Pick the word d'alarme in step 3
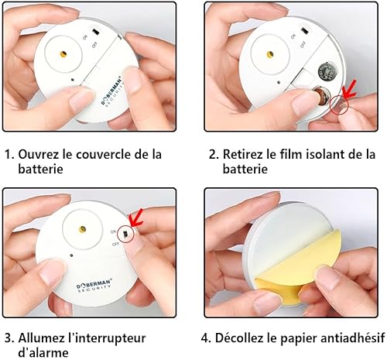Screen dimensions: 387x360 coord(43,352)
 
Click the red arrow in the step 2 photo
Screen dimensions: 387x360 coord(349,89)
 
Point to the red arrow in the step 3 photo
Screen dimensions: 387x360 coord(136,218)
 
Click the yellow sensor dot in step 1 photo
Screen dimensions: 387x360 coord(63,54)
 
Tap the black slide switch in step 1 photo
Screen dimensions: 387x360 coord(96,32)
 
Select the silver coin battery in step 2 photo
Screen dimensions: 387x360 coord(326,72)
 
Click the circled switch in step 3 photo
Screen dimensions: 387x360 coord(125,234)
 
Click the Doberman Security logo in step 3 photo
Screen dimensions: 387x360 coord(94,286)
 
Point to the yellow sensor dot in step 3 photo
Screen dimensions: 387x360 coord(83,228)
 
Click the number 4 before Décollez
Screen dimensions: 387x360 coord(205,338)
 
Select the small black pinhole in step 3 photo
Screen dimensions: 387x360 coord(71,255)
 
